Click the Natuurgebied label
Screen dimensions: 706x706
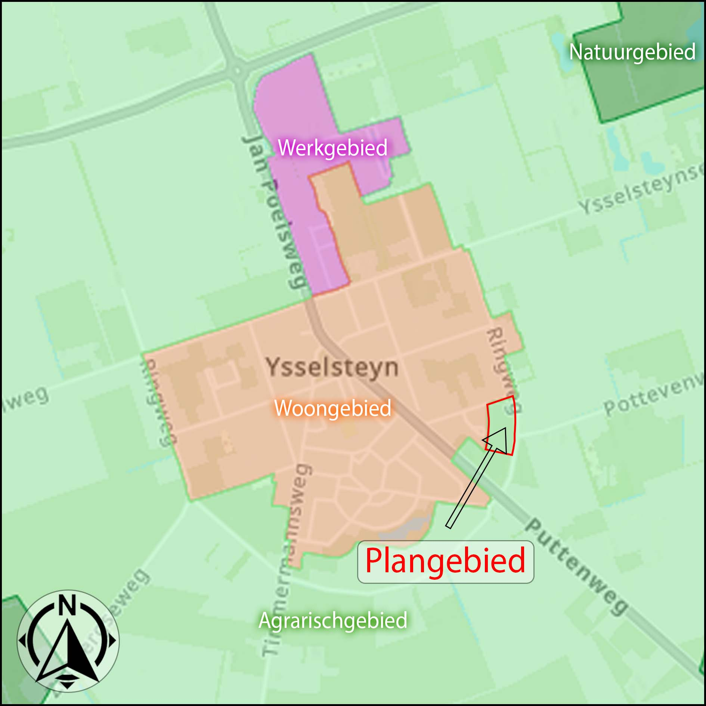point(632,52)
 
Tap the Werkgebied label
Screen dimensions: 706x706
point(332,148)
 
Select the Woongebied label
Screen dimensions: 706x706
point(332,408)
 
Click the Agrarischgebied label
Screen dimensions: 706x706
point(332,620)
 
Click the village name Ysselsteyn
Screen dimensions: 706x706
point(332,368)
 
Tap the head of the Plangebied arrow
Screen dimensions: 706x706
point(499,439)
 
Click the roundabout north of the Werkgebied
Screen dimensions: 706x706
point(236,70)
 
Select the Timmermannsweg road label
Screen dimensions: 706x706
point(288,560)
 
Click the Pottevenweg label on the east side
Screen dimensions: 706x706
point(654,394)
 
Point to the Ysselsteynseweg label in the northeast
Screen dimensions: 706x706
point(641,191)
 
